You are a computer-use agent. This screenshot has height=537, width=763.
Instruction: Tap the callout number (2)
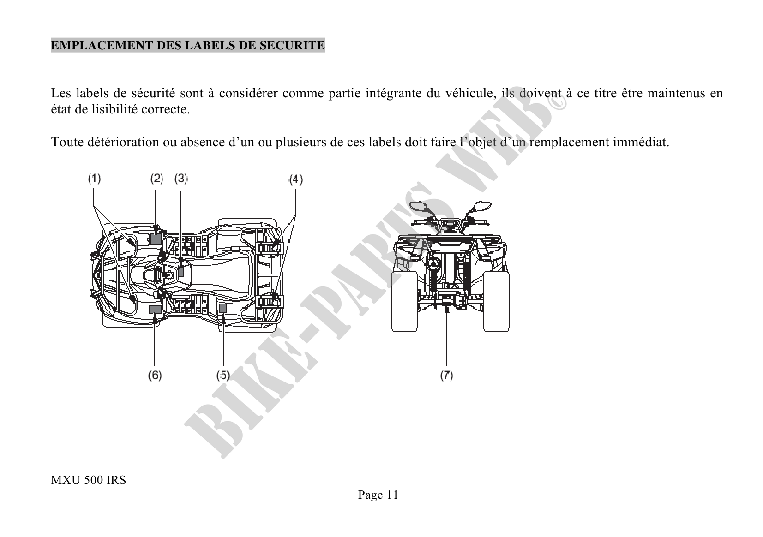pyautogui.click(x=156, y=179)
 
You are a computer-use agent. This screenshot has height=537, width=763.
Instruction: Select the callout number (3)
pyautogui.click(x=181, y=179)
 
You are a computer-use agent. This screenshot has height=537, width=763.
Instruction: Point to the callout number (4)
pyautogui.click(x=296, y=180)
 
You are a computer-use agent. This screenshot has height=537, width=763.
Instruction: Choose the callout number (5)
pyautogui.click(x=223, y=375)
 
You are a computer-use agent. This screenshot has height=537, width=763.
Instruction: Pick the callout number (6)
pyautogui.click(x=155, y=375)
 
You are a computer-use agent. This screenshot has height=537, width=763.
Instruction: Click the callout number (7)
pyautogui.click(x=446, y=375)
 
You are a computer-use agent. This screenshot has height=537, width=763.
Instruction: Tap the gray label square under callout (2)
pyautogui.click(x=156, y=239)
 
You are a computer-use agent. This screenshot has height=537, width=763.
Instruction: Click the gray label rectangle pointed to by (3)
pyautogui.click(x=181, y=271)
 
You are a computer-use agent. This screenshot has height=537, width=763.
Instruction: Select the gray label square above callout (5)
pyautogui.click(x=223, y=308)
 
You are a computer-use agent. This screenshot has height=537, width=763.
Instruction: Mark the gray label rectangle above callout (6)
pyautogui.click(x=155, y=310)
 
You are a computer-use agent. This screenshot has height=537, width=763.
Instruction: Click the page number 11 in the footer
pyautogui.click(x=392, y=495)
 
